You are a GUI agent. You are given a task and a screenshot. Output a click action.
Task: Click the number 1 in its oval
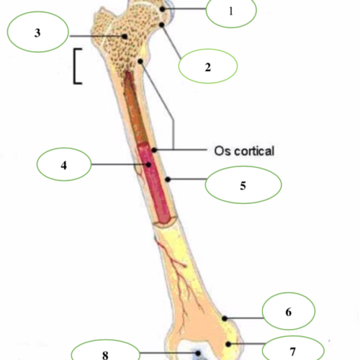(x=231, y=11)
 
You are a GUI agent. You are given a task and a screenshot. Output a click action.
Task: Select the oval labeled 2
(x=208, y=66)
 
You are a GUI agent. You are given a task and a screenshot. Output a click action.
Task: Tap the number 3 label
(x=37, y=33)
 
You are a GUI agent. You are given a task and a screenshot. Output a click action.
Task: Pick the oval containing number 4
(x=64, y=164)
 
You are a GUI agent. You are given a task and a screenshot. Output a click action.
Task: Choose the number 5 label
(x=243, y=186)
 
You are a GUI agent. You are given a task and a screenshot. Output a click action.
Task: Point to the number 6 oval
(x=289, y=311)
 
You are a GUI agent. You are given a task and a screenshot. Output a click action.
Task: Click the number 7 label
(x=292, y=352)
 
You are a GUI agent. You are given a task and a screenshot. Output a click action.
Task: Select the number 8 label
(x=105, y=355)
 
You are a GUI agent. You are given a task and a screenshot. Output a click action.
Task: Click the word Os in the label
(x=222, y=151)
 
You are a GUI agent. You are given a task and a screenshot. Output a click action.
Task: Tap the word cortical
(x=254, y=151)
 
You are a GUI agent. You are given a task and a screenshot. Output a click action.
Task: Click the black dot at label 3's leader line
(x=125, y=37)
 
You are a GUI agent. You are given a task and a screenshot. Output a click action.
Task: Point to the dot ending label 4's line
(x=148, y=165)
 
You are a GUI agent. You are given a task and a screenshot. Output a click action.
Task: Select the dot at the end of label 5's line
(x=168, y=179)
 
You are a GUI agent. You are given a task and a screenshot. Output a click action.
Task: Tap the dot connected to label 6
(x=225, y=318)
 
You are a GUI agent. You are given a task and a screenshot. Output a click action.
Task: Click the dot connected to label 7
(x=228, y=344)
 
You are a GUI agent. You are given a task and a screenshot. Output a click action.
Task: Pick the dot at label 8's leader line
(x=198, y=353)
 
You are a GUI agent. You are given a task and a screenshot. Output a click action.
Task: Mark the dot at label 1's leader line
(x=163, y=9)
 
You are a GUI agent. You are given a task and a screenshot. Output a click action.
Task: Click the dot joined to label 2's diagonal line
(x=162, y=24)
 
